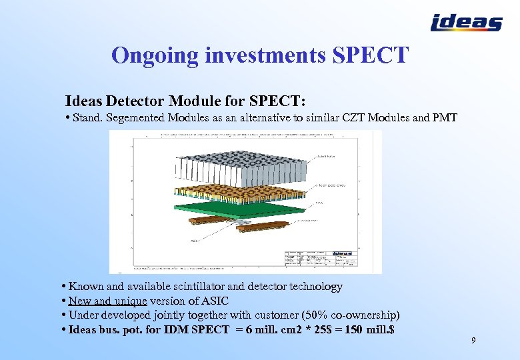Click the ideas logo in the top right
point(467,23)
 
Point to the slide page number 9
point(473,341)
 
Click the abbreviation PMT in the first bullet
point(444,118)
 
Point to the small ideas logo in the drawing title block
point(342,253)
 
